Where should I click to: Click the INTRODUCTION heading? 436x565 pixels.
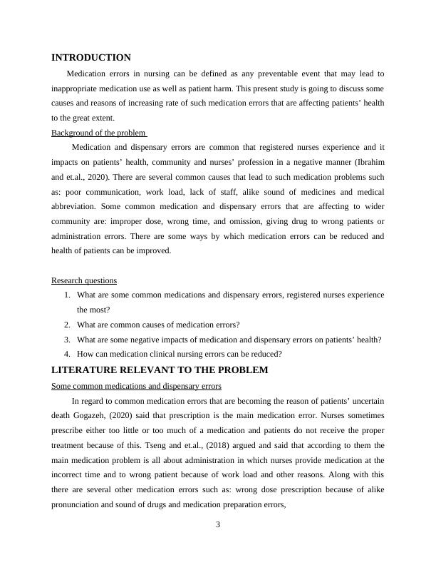coord(91,58)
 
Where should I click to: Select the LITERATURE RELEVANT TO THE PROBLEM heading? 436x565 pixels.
coord(160,370)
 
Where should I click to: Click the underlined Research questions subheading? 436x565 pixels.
coord(84,280)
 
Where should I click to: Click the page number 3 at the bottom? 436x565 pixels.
coord(218,526)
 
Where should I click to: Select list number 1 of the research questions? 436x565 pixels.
coord(67,295)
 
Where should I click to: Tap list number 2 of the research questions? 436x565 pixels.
coord(67,325)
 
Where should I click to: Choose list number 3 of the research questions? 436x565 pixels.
coord(67,340)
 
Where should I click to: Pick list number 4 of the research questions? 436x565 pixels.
coord(67,354)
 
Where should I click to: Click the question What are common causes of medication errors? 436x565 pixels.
coord(158,325)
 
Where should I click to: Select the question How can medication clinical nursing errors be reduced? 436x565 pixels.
coord(180,354)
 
